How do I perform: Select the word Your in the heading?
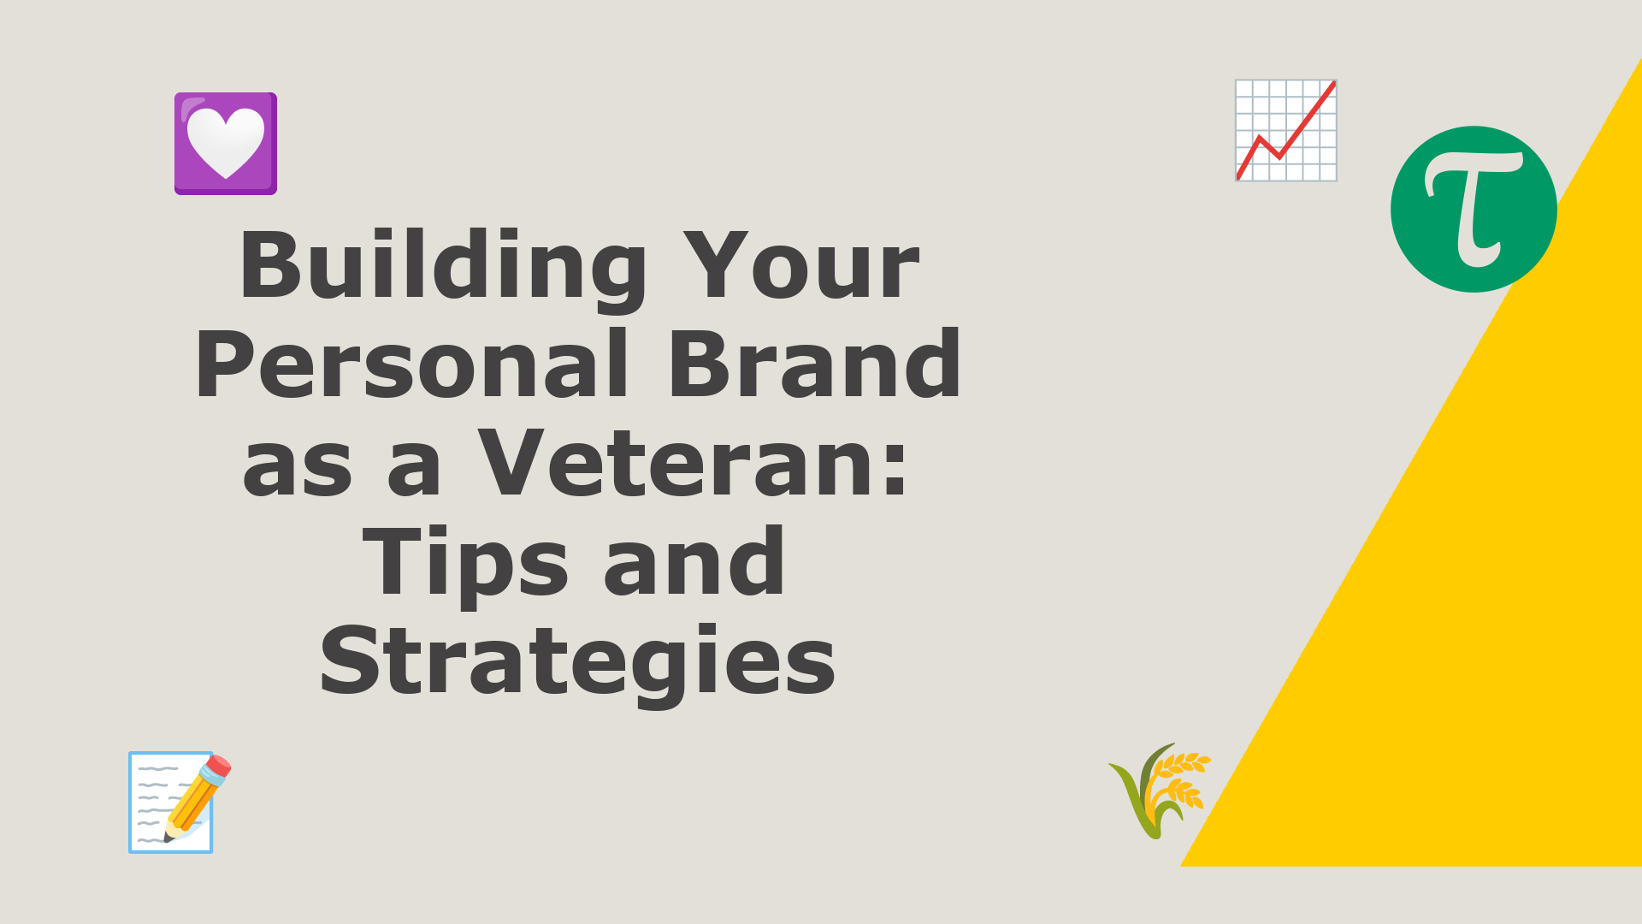click(800, 265)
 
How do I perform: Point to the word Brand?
click(814, 364)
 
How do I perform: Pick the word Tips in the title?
click(466, 563)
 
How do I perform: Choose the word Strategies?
click(577, 661)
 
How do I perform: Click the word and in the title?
click(694, 561)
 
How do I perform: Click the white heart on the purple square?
click(226, 141)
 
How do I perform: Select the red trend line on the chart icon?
click(1286, 130)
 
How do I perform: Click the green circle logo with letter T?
click(1474, 210)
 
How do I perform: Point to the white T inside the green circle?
click(1473, 209)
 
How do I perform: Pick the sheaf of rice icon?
click(1160, 791)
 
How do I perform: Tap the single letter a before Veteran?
click(415, 470)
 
